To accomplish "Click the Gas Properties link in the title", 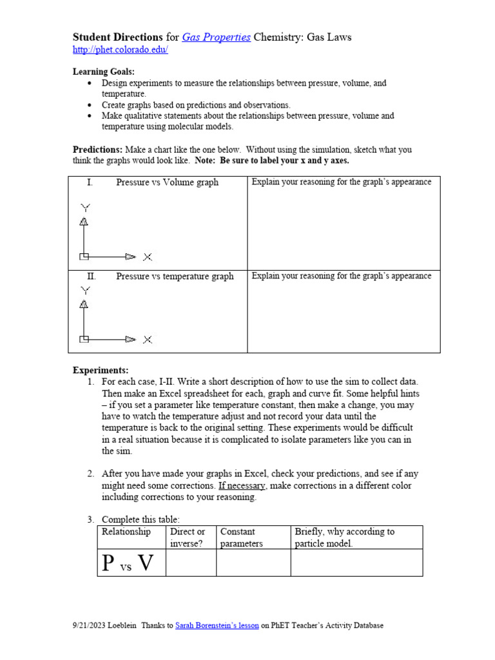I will click(x=216, y=37).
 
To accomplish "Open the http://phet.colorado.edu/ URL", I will click(x=120, y=50).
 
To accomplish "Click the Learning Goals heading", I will click(x=103, y=72).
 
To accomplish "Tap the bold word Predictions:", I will click(x=97, y=150).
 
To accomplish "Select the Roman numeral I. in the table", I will click(x=90, y=182).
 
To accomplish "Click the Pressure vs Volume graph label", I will click(x=167, y=182).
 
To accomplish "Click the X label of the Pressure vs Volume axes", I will click(x=148, y=257).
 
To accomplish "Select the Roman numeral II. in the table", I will click(x=92, y=277).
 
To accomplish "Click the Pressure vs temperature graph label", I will click(x=175, y=277).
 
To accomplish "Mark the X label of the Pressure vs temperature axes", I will click(x=148, y=339).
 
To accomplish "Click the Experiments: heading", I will click(x=100, y=370).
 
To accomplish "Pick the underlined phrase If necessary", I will click(x=241, y=485).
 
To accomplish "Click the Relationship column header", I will click(x=126, y=532).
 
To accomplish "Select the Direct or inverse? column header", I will click(x=187, y=538).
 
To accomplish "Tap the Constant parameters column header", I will click(x=242, y=538).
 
